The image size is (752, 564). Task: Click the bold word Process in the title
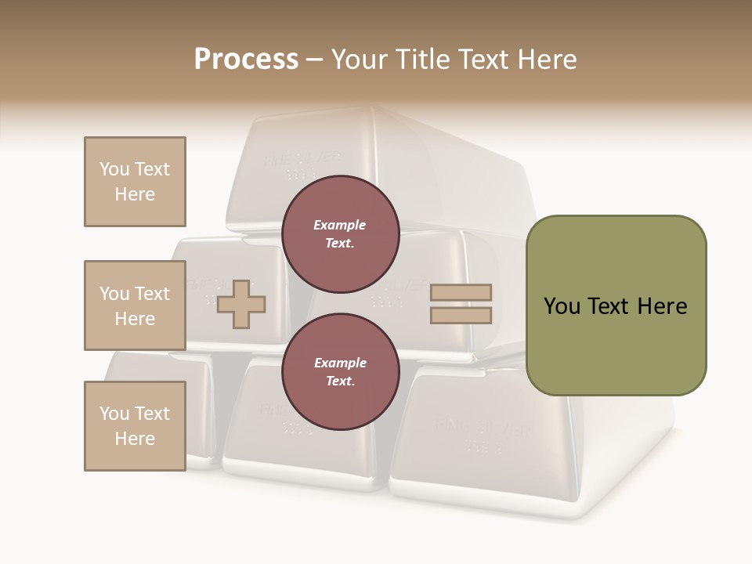click(x=246, y=60)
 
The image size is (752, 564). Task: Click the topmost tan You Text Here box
click(x=135, y=182)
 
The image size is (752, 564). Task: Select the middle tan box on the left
click(x=135, y=305)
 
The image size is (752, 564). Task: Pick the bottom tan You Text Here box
click(x=135, y=426)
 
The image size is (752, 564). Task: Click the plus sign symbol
click(x=241, y=305)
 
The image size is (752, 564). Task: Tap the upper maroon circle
click(x=340, y=233)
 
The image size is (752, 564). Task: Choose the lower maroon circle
click(x=340, y=371)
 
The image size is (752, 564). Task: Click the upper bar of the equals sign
click(x=461, y=293)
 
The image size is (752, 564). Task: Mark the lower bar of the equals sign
click(x=461, y=316)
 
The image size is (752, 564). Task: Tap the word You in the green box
click(x=562, y=306)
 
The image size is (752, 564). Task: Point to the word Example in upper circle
click(x=340, y=225)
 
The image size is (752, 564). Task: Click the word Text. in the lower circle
click(x=340, y=381)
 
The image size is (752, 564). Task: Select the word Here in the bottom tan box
click(x=135, y=439)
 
